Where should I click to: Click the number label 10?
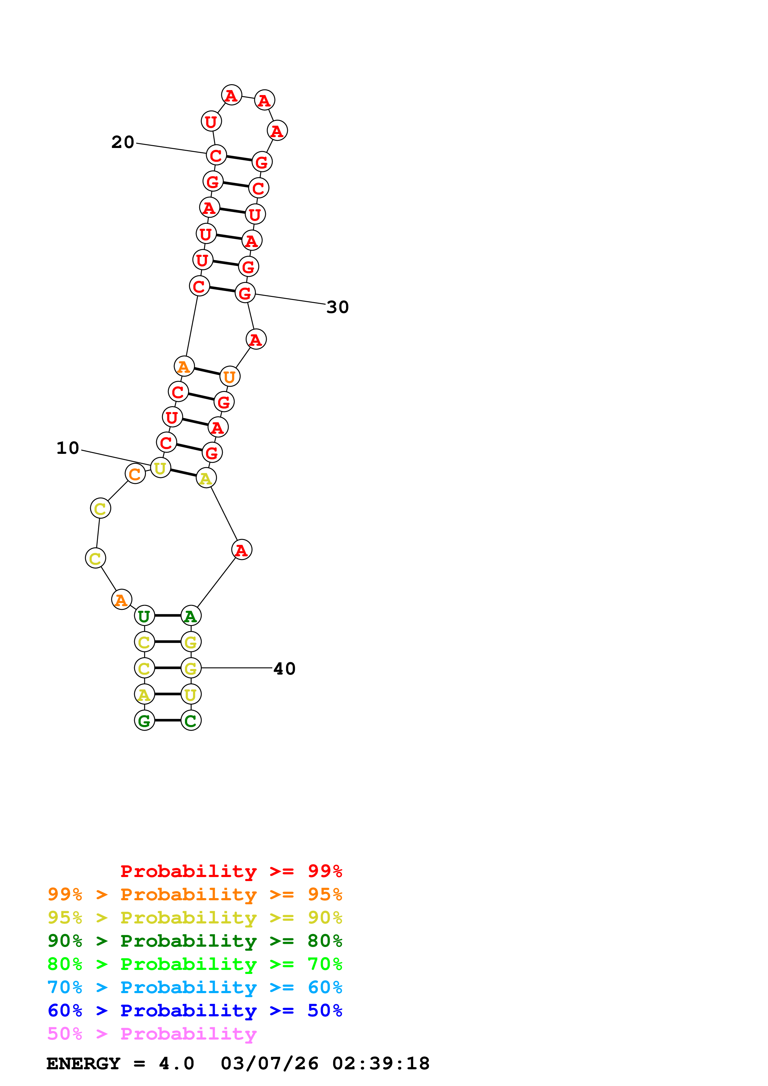tap(68, 448)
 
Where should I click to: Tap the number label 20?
tap(123, 142)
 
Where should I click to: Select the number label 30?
tap(337, 307)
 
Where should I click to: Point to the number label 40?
tap(284, 668)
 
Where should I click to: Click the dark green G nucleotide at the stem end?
tap(144, 720)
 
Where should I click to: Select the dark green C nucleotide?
tap(191, 720)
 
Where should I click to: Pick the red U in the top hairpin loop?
tap(211, 122)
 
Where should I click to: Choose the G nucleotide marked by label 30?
tap(245, 293)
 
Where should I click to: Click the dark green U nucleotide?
tap(144, 616)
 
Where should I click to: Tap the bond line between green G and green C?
tap(168, 720)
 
